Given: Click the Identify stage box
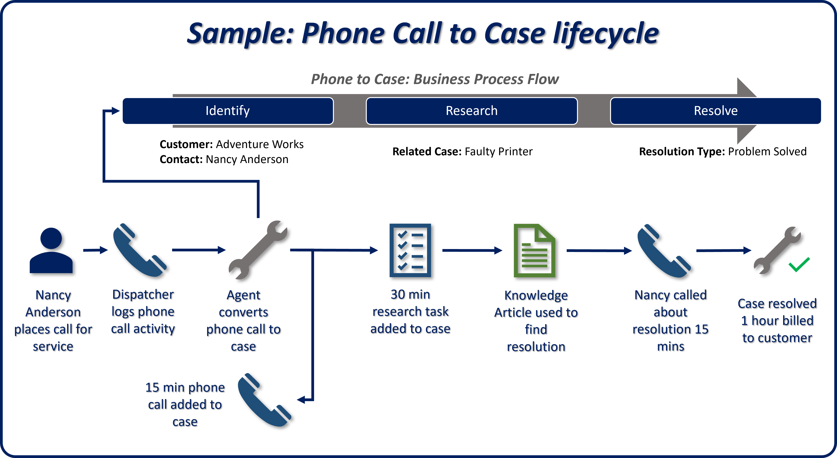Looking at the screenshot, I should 228,111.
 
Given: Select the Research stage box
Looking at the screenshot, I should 471,111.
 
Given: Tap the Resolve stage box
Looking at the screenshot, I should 715,111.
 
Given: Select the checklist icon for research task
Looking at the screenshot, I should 410,250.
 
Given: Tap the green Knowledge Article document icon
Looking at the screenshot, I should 534,250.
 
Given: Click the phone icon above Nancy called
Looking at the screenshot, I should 664,251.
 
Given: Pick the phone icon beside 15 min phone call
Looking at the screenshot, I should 264,400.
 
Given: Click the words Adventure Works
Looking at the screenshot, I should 260,144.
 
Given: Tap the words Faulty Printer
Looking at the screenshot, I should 498,152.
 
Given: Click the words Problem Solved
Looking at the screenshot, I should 767,152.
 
